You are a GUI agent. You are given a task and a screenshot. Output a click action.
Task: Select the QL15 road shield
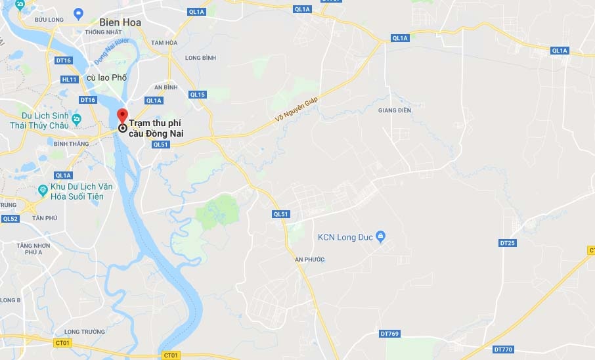(x=197, y=95)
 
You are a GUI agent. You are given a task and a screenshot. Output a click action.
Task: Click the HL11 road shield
(x=69, y=79)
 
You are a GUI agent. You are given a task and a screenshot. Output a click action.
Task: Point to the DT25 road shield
(x=508, y=243)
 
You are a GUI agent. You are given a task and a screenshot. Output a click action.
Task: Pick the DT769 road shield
(x=389, y=334)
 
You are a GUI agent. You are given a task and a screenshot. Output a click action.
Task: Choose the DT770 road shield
(x=502, y=349)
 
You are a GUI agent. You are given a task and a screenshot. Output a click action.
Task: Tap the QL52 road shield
(x=10, y=219)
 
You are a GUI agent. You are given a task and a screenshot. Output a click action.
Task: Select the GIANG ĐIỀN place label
(x=395, y=110)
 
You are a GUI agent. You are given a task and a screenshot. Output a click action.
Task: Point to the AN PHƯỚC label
(x=310, y=259)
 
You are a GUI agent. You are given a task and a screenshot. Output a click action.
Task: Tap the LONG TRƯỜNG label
(x=85, y=332)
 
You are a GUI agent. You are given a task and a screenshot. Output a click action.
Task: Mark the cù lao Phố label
(x=106, y=78)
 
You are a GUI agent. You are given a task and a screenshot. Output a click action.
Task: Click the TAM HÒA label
(x=164, y=43)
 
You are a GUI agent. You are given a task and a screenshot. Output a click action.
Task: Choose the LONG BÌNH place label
(x=200, y=58)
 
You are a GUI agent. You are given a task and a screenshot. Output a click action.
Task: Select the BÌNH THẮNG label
(x=71, y=143)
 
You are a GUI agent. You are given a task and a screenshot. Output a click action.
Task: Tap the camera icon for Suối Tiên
(x=43, y=191)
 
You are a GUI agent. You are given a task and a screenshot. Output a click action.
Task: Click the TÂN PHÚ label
(x=45, y=218)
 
